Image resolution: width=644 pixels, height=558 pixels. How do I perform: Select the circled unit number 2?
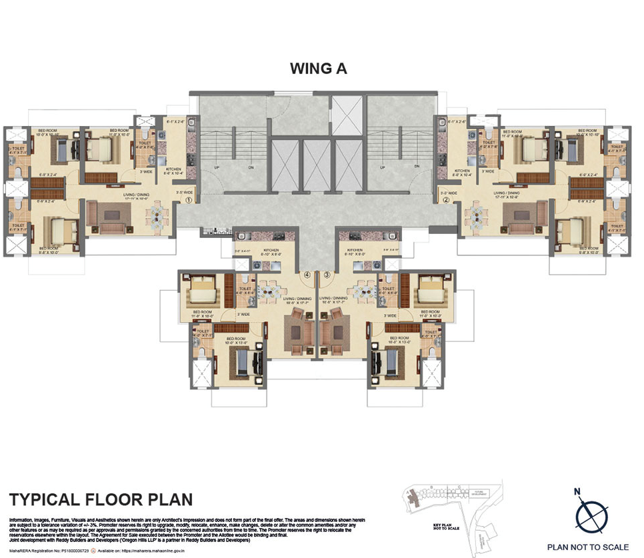[x=446, y=199]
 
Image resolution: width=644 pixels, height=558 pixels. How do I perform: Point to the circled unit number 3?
[x=327, y=274]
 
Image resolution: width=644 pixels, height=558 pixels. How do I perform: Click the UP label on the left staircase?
[x=217, y=166]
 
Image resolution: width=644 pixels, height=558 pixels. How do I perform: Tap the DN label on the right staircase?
[x=416, y=166]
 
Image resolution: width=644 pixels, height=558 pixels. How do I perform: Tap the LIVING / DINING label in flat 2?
[x=505, y=193]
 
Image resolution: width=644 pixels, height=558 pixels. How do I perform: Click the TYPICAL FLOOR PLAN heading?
[x=100, y=499]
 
